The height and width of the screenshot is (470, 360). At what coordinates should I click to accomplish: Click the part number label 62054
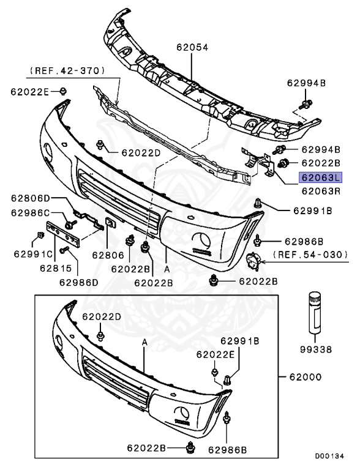(x=192, y=47)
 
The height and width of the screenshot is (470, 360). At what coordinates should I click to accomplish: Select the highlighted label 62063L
(x=320, y=177)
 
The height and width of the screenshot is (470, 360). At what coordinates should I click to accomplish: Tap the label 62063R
(x=321, y=191)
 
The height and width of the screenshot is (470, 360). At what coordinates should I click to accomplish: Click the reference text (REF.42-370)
(x=67, y=71)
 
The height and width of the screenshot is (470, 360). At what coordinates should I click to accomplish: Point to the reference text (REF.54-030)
(x=310, y=255)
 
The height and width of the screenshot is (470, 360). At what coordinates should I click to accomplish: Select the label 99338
(x=316, y=349)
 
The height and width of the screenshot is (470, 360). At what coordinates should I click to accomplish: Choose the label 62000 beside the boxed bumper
(x=306, y=377)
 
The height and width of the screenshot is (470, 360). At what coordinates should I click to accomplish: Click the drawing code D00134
(x=329, y=456)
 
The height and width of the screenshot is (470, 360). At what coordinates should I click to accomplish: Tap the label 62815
(x=56, y=268)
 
